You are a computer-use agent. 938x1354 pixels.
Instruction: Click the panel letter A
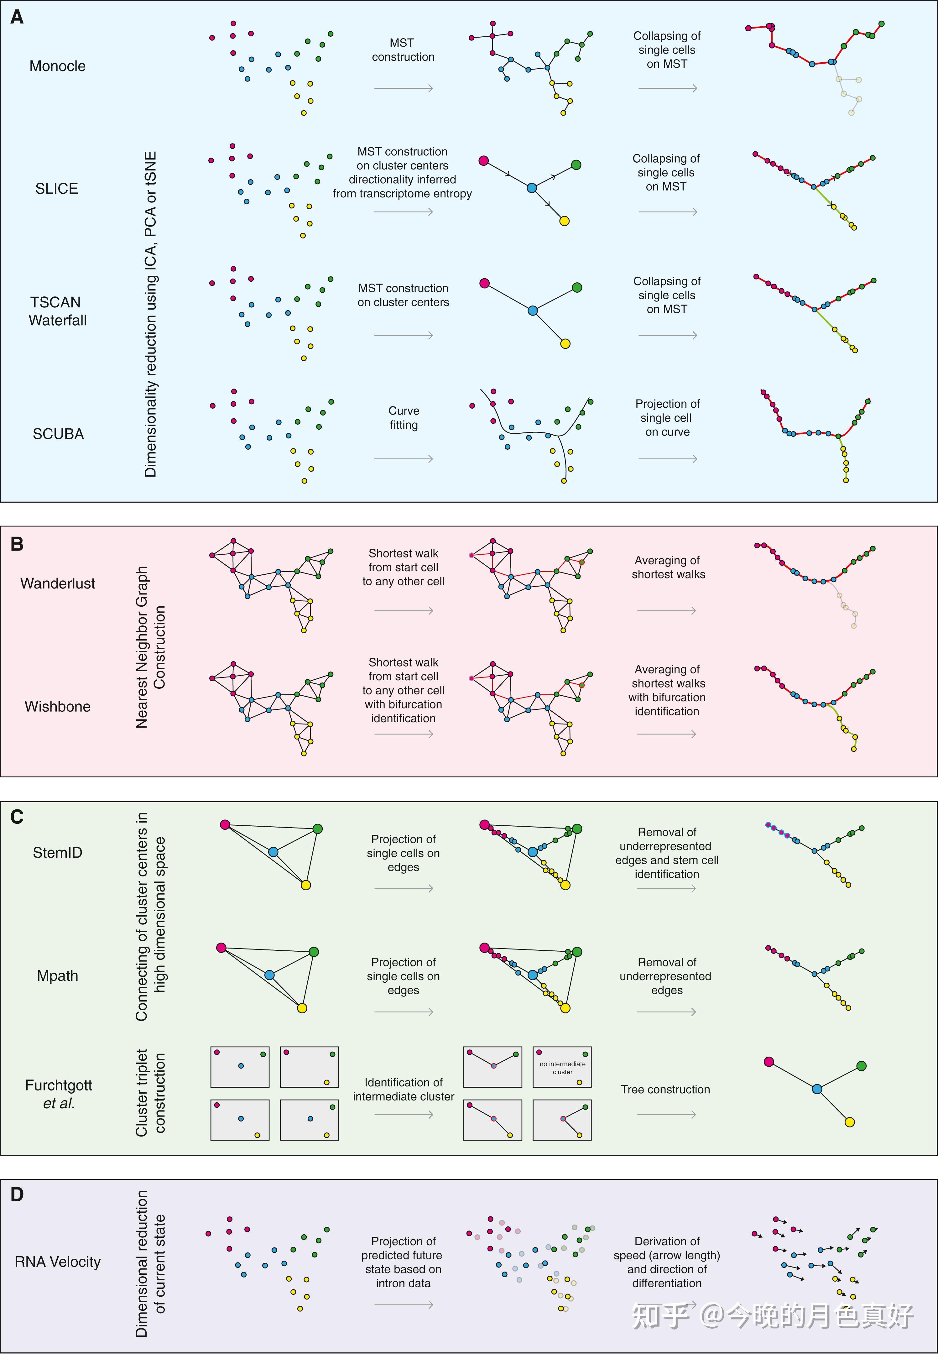click(17, 17)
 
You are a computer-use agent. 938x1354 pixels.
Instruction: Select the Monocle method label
click(58, 66)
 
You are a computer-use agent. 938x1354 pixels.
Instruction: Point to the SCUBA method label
click(58, 434)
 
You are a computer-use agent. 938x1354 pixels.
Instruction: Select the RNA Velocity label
click(58, 1262)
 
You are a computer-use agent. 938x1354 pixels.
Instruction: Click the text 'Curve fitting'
click(404, 417)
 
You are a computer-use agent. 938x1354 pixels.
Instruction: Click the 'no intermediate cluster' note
click(562, 1068)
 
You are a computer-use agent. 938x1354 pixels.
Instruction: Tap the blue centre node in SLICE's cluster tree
click(532, 188)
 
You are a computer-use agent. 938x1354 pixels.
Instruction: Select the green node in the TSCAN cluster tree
click(577, 287)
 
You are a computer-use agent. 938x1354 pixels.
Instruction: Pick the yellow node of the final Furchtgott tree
click(849, 1122)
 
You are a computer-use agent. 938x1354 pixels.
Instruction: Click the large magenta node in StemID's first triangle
click(225, 824)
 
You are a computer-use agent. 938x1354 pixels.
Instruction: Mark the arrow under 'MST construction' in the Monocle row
click(404, 88)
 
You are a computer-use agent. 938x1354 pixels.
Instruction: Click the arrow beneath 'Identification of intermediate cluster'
click(404, 1114)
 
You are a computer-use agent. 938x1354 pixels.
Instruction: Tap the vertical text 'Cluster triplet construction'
click(150, 1092)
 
